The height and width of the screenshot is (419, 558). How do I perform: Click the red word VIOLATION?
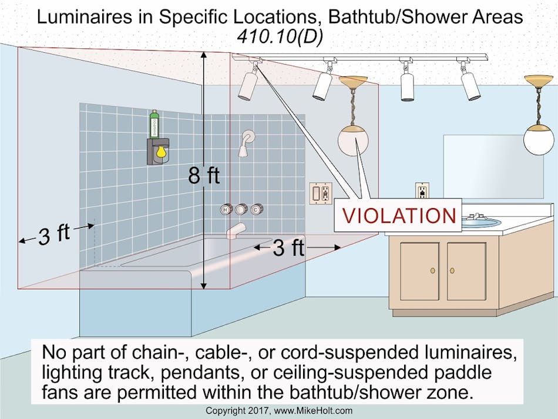point(399,215)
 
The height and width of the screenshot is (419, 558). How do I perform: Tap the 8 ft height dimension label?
point(204,175)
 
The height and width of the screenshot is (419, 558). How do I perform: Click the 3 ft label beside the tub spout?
point(288,248)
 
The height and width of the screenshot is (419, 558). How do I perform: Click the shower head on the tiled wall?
point(246,144)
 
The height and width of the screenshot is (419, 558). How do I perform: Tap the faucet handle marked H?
point(226,210)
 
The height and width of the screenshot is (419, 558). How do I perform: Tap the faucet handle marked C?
point(256,210)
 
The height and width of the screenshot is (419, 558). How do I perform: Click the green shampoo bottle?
point(154,124)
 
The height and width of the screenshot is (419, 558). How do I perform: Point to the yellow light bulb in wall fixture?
point(159,155)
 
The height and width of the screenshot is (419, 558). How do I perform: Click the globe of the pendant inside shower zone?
point(352,140)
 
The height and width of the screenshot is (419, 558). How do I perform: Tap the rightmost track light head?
point(470,85)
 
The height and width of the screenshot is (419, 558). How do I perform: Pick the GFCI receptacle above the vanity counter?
point(422,192)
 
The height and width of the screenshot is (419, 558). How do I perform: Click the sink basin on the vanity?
point(481,222)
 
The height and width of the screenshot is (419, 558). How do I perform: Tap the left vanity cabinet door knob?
point(433,270)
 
